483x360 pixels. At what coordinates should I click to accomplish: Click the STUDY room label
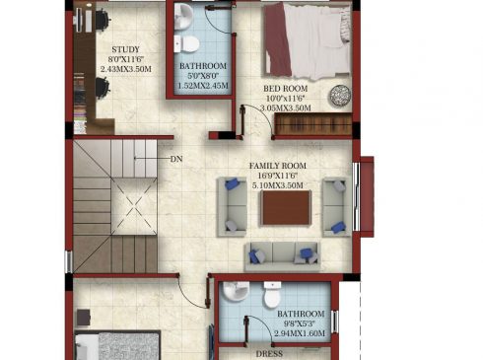point(126,49)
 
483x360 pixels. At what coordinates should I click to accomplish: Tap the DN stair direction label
point(176,159)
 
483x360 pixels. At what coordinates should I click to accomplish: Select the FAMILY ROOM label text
point(278,166)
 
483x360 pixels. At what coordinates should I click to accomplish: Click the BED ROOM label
point(286,89)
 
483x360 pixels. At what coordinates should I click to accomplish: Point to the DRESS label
point(269,354)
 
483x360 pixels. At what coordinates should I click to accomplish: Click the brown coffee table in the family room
point(286,208)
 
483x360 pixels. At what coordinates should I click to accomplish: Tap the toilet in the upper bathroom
point(186,44)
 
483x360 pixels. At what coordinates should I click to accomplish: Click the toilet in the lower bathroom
point(272,295)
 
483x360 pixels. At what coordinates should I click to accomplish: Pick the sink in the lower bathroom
point(236,291)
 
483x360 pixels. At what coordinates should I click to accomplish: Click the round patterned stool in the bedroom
point(340,96)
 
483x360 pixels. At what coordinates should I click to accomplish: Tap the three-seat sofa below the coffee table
point(283,256)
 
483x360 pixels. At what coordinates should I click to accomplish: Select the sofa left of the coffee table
point(232,207)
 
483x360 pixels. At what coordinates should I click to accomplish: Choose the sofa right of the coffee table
point(337,207)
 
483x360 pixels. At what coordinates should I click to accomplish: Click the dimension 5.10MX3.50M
point(278,185)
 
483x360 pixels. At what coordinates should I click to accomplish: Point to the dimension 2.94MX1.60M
point(300,333)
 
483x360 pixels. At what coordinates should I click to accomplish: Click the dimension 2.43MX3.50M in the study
point(126,69)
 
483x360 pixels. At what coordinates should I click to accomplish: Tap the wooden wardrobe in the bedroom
point(313,124)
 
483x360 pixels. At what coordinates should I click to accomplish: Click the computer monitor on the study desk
point(79,21)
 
